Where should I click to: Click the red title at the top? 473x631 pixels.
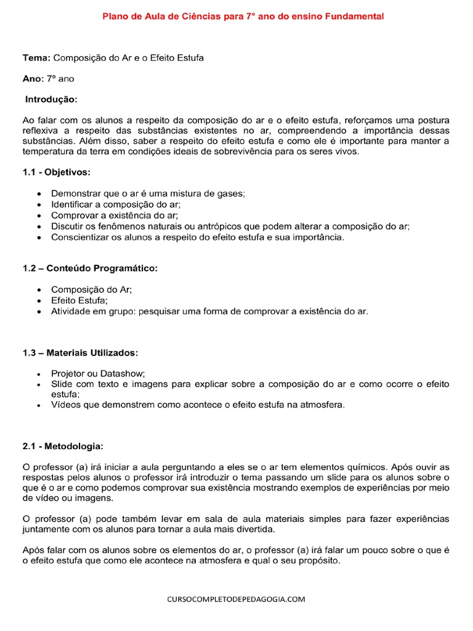pyautogui.click(x=243, y=17)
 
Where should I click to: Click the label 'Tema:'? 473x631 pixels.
pyautogui.click(x=36, y=58)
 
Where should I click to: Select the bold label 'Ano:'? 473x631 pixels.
pyautogui.click(x=33, y=79)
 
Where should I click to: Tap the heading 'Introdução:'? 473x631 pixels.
pyautogui.click(x=52, y=99)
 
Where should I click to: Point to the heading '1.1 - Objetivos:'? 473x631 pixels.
pyautogui.click(x=57, y=172)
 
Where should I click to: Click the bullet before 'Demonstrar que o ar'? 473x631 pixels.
pyautogui.click(x=40, y=193)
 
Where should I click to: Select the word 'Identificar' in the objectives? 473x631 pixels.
pyautogui.click(x=73, y=204)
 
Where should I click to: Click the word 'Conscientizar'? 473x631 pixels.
pyautogui.click(x=81, y=237)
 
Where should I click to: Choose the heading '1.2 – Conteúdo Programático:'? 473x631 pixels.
pyautogui.click(x=90, y=268)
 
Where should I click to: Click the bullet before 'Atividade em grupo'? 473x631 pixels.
pyautogui.click(x=40, y=311)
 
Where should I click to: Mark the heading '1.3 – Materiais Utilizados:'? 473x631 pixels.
pyautogui.click(x=81, y=352)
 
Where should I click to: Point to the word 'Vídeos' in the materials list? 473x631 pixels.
pyautogui.click(x=66, y=405)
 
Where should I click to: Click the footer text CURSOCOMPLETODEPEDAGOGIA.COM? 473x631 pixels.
pyautogui.click(x=236, y=598)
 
